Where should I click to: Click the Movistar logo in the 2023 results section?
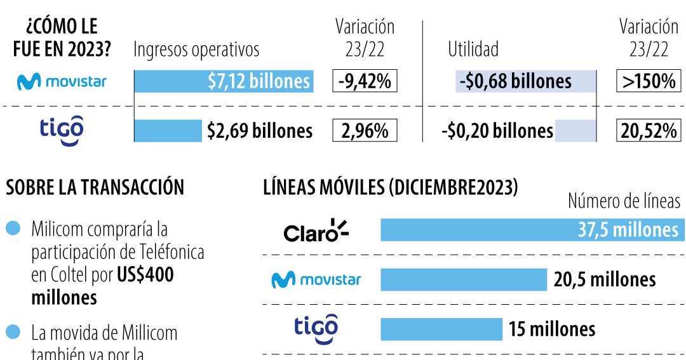[62, 81]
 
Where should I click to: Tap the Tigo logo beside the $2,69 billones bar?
[62, 130]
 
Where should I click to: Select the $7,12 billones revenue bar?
[224, 81]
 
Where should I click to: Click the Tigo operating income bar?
[168, 131]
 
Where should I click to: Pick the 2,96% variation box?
[365, 131]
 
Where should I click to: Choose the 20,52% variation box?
[648, 131]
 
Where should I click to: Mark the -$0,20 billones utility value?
[497, 131]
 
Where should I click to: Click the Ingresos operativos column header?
[196, 50]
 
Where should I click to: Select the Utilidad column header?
[473, 50]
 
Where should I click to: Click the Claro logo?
[316, 231]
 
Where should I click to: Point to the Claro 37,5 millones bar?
[532, 230]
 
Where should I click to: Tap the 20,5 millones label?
[605, 279]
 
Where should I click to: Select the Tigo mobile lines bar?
[441, 329]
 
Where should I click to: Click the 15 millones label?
[552, 329]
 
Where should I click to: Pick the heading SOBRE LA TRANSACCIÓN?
[95, 187]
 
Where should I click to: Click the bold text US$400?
[145, 276]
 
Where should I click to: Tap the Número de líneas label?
[624, 202]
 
